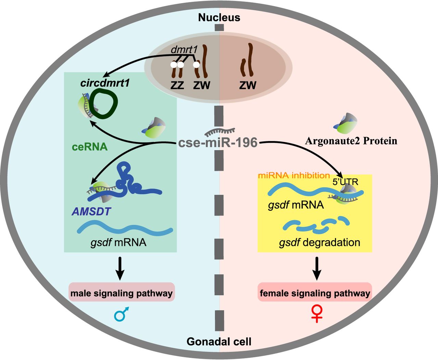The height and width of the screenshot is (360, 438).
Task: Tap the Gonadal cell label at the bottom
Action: [219, 341]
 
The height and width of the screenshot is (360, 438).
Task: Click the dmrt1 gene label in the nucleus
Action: [184, 50]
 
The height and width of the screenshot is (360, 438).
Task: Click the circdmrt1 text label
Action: [105, 83]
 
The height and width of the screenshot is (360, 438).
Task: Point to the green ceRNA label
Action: [90, 147]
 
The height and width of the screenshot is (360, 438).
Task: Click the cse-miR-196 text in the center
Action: [218, 142]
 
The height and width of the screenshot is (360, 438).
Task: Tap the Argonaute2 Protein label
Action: [351, 141]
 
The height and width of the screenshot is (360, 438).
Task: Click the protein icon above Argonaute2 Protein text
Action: [346, 123]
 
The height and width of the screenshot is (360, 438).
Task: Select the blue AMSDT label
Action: [91, 211]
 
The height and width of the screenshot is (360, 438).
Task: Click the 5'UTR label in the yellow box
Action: [345, 182]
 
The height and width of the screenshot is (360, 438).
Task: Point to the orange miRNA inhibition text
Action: [294, 176]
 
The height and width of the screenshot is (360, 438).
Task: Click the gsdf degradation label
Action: [320, 243]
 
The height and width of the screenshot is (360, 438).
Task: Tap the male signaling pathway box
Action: [121, 293]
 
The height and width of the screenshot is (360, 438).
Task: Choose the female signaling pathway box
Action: [315, 293]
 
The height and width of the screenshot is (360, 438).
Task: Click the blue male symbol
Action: [122, 314]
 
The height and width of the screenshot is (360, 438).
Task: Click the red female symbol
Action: [317, 314]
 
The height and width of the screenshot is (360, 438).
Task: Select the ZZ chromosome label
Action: [177, 85]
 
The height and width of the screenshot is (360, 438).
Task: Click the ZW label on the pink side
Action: [248, 85]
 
